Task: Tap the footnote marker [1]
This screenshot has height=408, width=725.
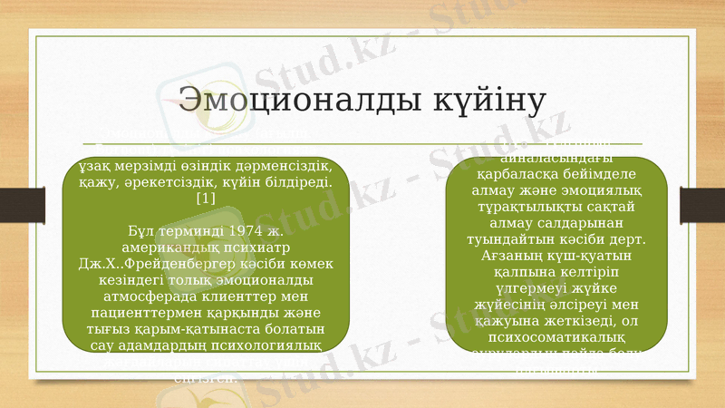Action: point(205,199)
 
